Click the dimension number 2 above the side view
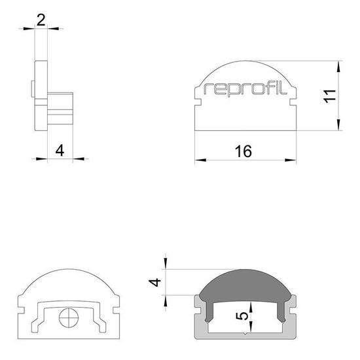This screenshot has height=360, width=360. tap(41, 20)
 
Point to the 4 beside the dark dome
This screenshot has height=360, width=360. tap(155, 283)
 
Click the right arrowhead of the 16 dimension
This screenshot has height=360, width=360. tap(289, 159)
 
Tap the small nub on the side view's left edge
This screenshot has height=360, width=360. tap(32, 88)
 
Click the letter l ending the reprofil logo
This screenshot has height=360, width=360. tap(286, 88)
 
